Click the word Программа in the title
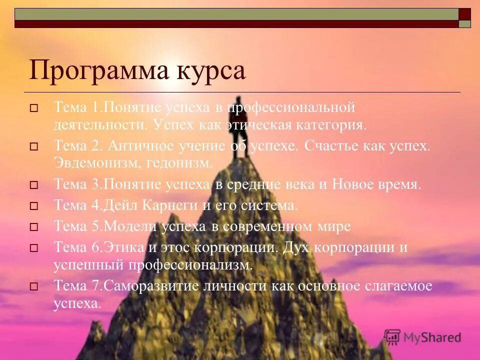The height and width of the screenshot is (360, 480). [95, 70]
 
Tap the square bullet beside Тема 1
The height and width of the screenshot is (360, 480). [34, 107]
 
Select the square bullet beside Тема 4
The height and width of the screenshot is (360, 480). [34, 206]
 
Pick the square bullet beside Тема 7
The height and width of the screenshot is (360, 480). [34, 286]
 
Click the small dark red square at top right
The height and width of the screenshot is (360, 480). [465, 14]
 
